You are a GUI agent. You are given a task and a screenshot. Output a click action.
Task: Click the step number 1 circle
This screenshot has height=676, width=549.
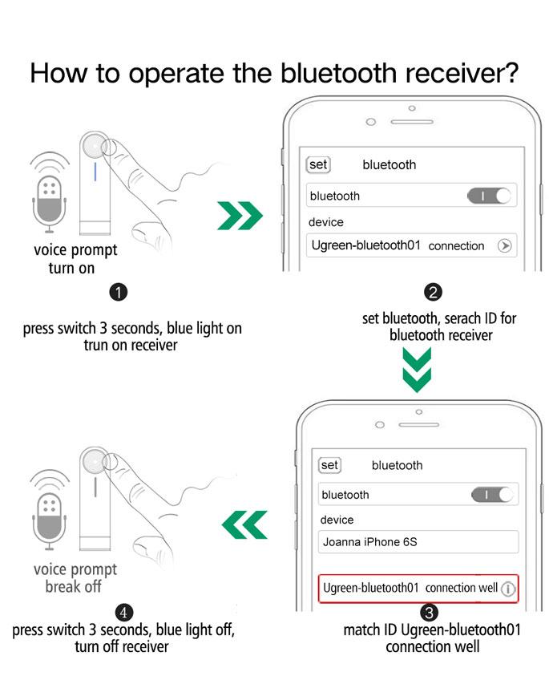point(118,293)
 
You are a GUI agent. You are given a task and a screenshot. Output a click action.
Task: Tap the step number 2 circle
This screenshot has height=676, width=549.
point(433,293)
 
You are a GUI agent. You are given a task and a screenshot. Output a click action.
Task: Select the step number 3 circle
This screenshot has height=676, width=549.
point(429,613)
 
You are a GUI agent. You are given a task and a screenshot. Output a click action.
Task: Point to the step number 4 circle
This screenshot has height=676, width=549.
point(124,613)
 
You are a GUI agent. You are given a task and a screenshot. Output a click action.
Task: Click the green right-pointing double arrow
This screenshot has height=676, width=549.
point(240,215)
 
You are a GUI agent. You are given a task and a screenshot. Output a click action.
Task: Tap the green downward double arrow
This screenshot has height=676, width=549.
point(417,370)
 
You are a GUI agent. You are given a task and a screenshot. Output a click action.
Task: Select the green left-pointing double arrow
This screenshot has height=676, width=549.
point(244,524)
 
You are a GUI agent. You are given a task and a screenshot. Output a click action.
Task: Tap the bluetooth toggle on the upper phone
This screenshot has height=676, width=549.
point(489,196)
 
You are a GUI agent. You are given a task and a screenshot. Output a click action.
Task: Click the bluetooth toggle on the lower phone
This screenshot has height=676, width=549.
point(493,495)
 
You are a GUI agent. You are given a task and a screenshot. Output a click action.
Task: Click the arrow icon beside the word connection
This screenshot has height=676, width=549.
point(505,245)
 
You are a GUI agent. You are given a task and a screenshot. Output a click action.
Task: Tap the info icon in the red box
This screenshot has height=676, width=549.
point(508,589)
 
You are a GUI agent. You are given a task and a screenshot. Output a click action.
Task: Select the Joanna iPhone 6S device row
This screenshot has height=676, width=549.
point(418,542)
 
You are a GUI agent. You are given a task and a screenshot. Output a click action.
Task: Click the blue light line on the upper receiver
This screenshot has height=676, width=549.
point(95,172)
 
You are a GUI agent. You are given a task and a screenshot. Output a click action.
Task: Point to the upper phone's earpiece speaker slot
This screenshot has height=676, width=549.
point(412,122)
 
